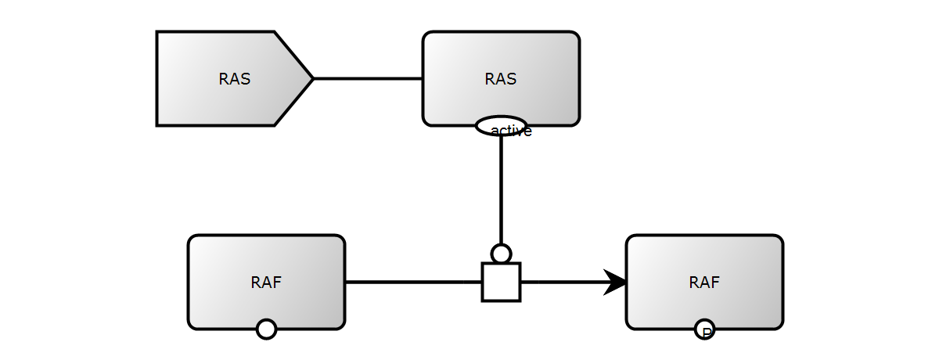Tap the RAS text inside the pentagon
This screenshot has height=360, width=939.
coord(235,79)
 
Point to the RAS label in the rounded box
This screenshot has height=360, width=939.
coord(501,79)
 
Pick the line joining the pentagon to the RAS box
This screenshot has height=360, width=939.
coord(368,78)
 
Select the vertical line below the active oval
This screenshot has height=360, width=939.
coord(501,188)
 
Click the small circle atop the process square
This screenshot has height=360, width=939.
coord(501,254)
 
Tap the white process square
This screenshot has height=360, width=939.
coord(501,282)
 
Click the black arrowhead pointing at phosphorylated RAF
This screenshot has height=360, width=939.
coord(617,282)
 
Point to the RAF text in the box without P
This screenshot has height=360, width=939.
coord(266,283)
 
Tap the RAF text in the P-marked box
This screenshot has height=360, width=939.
coord(704,283)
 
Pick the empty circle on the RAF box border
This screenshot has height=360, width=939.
coord(266,329)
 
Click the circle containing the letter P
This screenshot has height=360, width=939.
coord(704,329)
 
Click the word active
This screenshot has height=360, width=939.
coord(513,131)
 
